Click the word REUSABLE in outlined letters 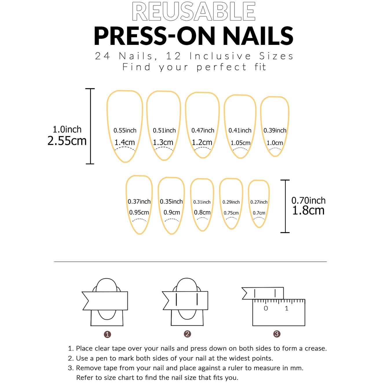(193, 12)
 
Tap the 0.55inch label (125, 131)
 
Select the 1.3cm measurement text (163, 142)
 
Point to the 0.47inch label (203, 131)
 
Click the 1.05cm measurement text (240, 143)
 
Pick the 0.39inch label (275, 131)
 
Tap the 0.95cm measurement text (139, 213)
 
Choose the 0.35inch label (171, 202)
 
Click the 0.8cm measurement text (202, 213)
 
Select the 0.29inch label (231, 202)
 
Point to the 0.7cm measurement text (259, 213)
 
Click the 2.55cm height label (67, 141)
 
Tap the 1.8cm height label (308, 211)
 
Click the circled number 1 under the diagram (107, 334)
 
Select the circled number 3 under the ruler (277, 334)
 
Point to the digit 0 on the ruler (266, 308)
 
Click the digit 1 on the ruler (286, 308)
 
